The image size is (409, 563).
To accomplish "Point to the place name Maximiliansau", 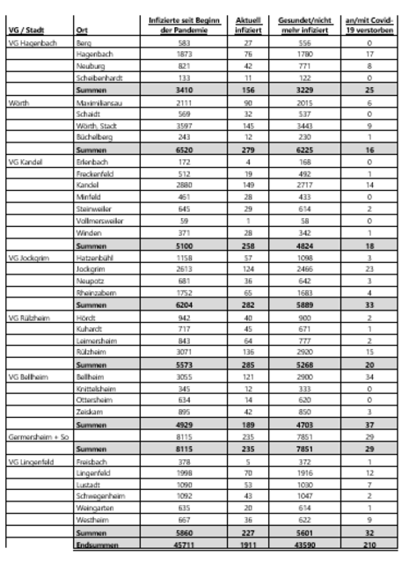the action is point(99,102).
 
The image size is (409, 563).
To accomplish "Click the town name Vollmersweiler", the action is point(99,221).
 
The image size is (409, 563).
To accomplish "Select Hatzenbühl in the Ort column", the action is point(95,257).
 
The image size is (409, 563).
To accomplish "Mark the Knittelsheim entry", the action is point(96,387).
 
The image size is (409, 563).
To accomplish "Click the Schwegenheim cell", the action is point(99,494).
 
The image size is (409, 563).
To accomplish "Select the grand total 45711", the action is point(183,543).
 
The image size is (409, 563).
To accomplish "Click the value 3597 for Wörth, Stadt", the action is point(183,126).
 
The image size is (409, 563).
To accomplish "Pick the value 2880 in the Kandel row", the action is point(183,186).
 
